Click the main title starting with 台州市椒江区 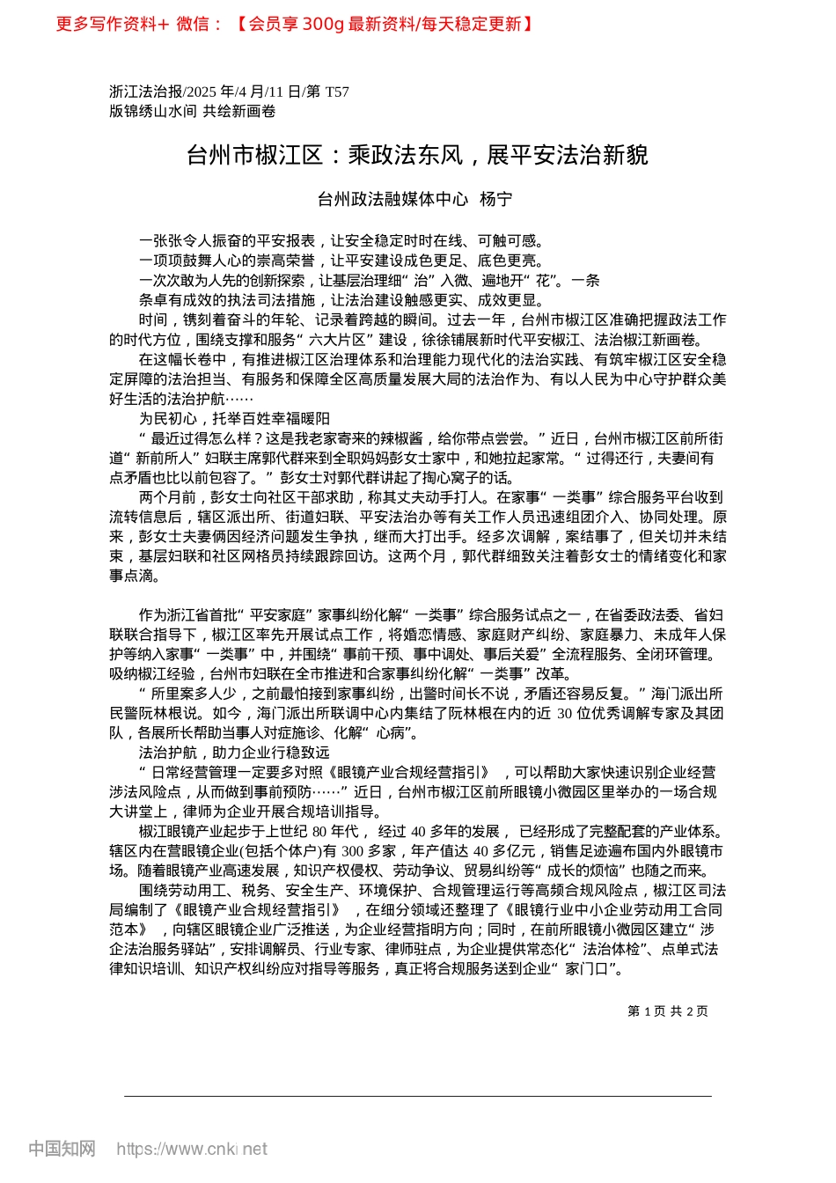(417, 156)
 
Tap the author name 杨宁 (495, 200)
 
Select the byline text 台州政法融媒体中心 (392, 200)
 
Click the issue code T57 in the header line (337, 92)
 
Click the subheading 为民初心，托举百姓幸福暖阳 (234, 419)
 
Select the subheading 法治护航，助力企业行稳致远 (234, 753)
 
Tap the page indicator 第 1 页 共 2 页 (668, 1011)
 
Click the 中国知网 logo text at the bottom (62, 1149)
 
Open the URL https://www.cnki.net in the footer (192, 1149)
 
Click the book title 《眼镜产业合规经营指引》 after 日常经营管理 (408, 772)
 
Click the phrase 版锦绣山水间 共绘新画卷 (192, 111)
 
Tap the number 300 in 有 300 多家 (353, 851)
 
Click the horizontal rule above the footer (417, 1096)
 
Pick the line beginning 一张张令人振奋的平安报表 (343, 241)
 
